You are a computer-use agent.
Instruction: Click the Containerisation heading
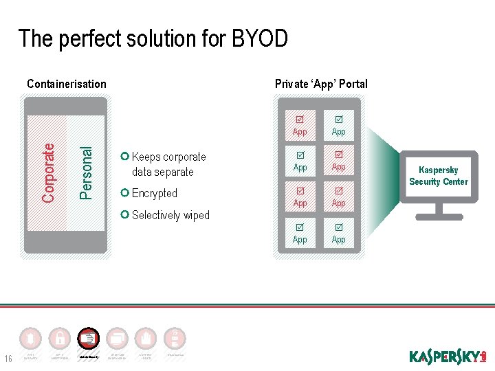click(x=66, y=84)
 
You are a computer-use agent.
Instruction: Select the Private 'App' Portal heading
click(x=321, y=84)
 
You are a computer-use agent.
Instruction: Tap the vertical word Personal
click(x=85, y=172)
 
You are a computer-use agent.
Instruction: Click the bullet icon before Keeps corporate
click(x=124, y=156)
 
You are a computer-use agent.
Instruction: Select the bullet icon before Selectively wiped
click(x=124, y=214)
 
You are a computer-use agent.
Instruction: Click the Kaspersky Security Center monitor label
click(x=438, y=176)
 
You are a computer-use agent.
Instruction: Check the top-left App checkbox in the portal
click(x=300, y=119)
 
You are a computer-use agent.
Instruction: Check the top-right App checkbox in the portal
click(x=338, y=119)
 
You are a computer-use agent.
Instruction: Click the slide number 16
click(x=9, y=358)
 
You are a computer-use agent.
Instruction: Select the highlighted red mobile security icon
click(x=89, y=338)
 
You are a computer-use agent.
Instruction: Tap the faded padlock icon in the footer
click(x=60, y=338)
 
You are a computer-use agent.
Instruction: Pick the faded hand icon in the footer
click(x=146, y=338)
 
